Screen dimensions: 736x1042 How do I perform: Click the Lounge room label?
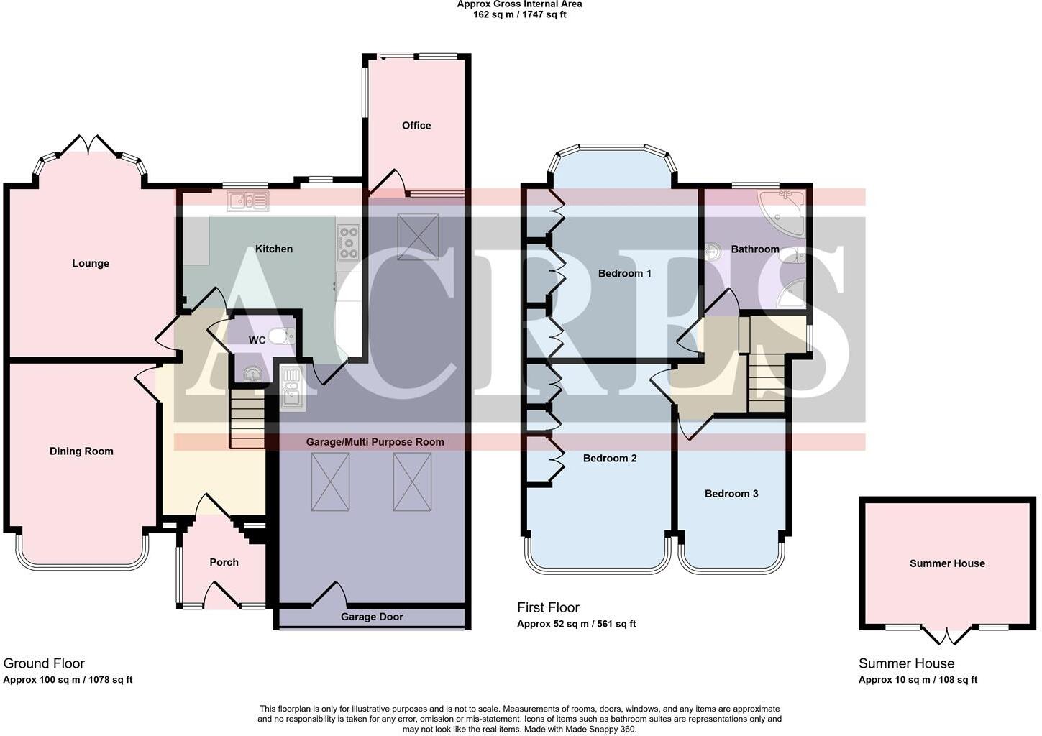91,264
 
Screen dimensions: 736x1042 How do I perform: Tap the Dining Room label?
81,451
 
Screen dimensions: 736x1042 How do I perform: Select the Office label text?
416,126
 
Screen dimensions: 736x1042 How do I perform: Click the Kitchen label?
274,249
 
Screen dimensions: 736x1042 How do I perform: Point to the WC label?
257,340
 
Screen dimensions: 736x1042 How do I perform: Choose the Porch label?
224,563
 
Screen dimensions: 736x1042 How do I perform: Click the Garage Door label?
372,617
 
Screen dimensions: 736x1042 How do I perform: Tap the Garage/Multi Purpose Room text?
375,442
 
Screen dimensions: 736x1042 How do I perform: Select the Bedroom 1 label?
624,273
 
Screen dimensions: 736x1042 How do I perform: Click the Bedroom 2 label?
610,459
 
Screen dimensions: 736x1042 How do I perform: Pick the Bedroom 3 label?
731,494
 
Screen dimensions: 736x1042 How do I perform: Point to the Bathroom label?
755,249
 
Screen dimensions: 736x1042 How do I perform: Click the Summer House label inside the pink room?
947,563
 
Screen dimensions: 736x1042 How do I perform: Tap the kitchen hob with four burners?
349,242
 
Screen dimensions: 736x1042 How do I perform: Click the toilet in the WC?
280,336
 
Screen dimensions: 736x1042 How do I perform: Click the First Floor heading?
548,608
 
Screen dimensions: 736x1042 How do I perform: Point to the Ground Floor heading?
44,663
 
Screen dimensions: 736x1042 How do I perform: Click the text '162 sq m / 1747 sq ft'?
519,14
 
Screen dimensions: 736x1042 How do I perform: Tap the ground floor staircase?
247,418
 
